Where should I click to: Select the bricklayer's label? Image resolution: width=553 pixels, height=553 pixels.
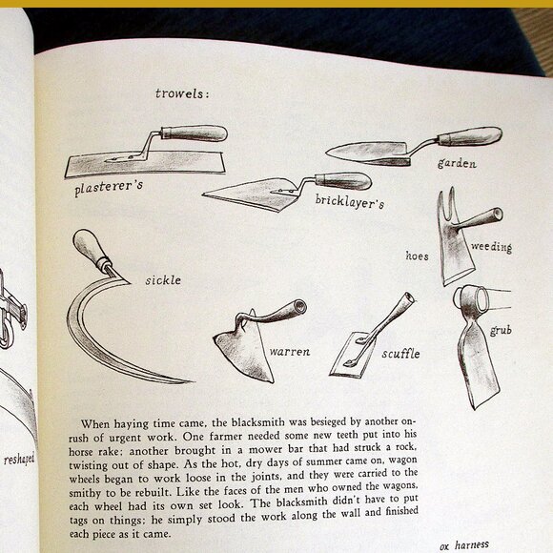(349, 202)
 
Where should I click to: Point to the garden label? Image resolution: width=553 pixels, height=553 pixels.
(457, 162)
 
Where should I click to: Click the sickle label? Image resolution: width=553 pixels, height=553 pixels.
(163, 280)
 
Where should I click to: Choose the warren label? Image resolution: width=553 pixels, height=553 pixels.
(289, 352)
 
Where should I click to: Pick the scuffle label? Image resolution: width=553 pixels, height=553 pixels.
(400, 353)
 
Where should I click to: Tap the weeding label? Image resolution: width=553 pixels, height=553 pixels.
(491, 248)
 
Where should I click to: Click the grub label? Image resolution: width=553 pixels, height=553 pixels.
(502, 331)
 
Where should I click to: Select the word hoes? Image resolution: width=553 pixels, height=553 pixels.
(417, 256)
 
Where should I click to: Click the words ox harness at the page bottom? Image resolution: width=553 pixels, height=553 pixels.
(464, 543)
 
